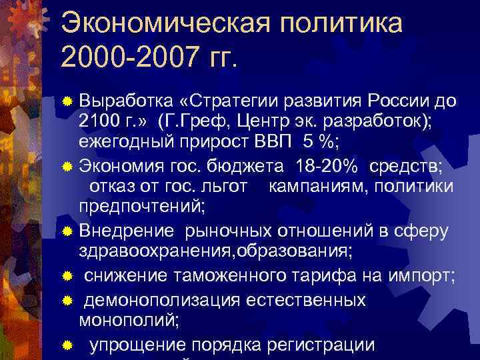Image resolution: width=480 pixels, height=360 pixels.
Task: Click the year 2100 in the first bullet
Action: [97, 121]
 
